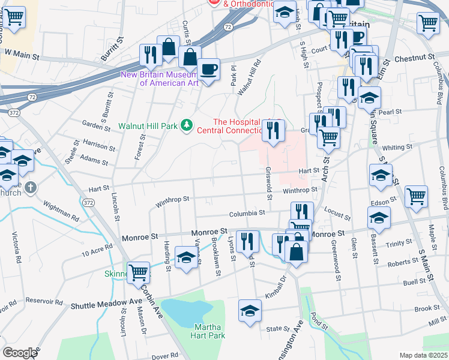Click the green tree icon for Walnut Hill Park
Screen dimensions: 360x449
[188, 125]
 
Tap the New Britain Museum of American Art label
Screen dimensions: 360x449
[160, 79]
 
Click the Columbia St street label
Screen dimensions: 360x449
[247, 214]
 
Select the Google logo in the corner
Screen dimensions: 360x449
[20, 352]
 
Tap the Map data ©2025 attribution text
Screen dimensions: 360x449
[423, 355]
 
